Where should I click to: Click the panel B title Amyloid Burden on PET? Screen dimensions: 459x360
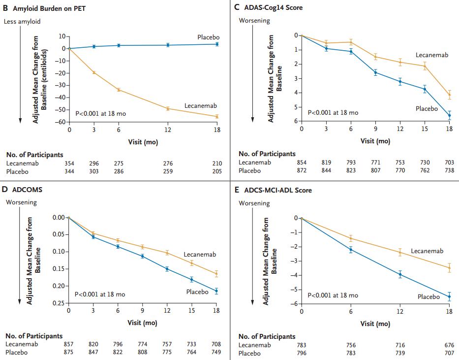click(49, 8)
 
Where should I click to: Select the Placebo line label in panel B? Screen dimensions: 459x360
click(209, 37)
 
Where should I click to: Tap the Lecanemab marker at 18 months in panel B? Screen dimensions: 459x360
click(217, 116)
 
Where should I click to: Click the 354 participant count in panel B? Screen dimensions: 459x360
click(69, 164)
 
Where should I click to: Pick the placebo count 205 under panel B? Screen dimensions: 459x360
click(217, 171)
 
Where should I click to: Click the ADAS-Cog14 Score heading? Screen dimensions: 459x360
click(274, 7)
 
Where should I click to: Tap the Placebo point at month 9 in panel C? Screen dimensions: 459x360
click(375, 72)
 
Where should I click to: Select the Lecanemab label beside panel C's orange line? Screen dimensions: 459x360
click(432, 55)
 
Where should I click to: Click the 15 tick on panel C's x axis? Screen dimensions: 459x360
click(425, 129)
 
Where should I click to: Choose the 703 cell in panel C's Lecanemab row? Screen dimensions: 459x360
click(449, 163)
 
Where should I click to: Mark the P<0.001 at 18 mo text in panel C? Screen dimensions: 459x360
click(333, 112)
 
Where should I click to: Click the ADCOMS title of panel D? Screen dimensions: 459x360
click(27, 190)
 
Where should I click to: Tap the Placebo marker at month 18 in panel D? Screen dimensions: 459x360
click(216, 291)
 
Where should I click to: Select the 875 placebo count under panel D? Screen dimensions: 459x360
click(68, 352)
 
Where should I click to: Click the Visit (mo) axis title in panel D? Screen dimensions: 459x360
click(143, 323)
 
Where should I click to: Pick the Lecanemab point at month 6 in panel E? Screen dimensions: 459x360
click(351, 238)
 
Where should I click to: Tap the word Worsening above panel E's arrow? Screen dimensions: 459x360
click(254, 203)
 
